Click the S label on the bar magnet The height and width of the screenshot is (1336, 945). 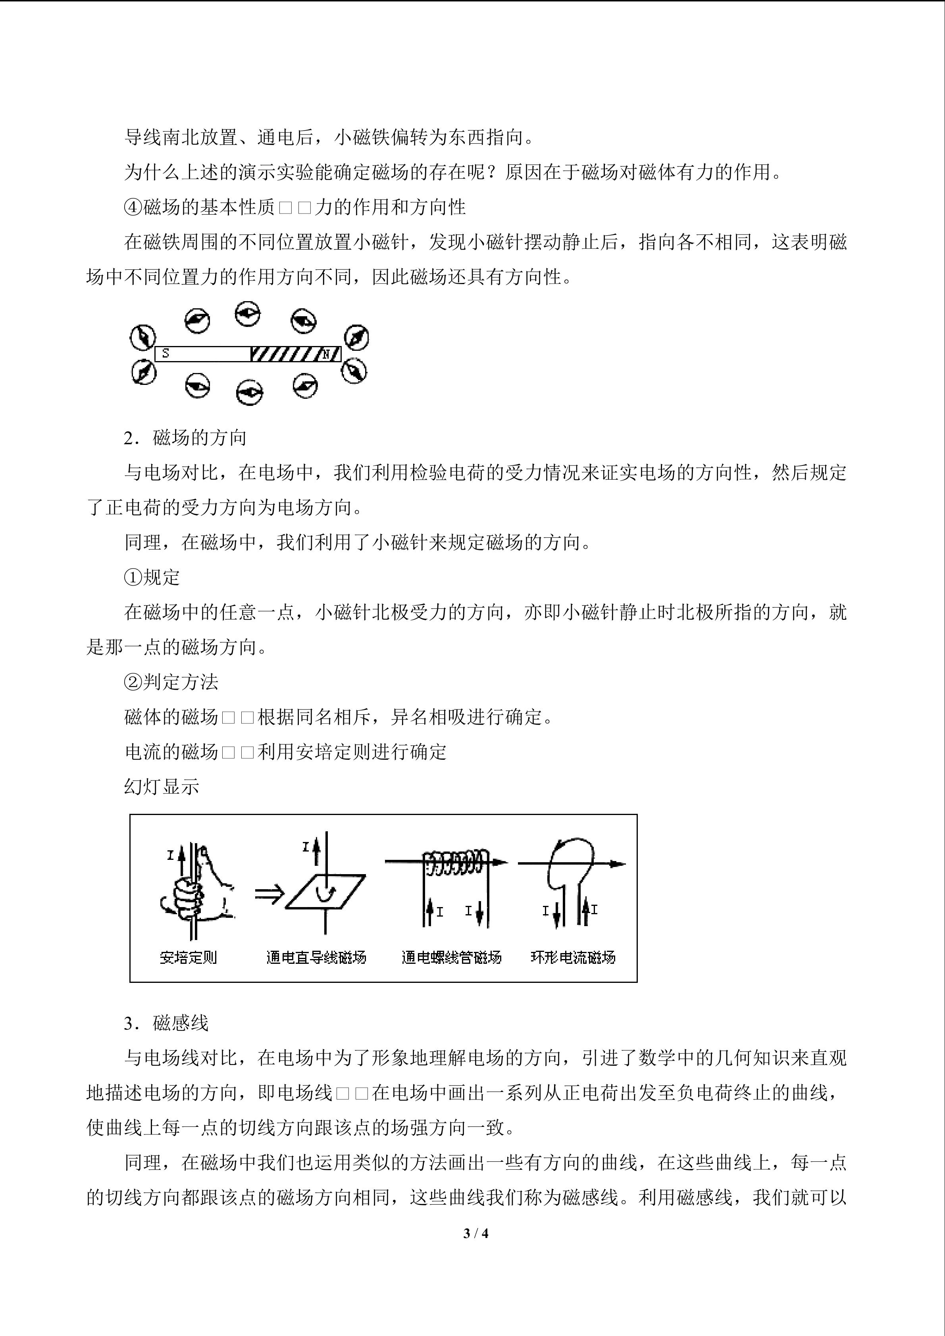pos(166,353)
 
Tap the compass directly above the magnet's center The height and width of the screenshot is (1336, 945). pos(248,313)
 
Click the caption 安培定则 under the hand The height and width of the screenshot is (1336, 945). pos(188,957)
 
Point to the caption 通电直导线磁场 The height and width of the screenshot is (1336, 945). pos(316,957)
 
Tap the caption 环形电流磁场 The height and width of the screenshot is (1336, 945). pos(573,957)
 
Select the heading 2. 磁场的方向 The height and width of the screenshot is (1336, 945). pos(185,438)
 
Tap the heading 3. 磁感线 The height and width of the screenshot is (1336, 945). pos(166,1023)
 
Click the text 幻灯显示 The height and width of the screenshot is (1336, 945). pos(162,787)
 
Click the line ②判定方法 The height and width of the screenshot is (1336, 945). pos(171,682)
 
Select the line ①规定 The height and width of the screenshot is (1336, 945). pos(152,577)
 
